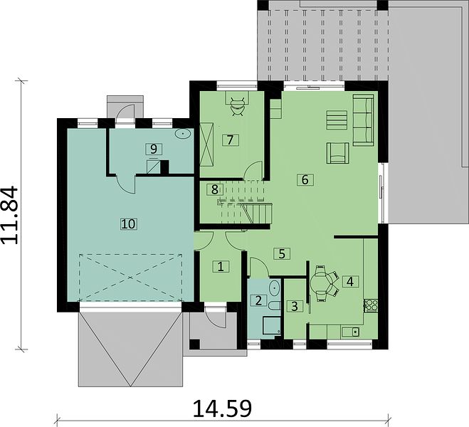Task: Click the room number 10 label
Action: coord(129,223)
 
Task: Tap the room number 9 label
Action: coord(154,149)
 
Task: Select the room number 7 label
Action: coord(230,140)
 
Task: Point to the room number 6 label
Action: coord(305,180)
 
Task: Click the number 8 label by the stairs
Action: coord(215,189)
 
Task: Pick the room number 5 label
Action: coord(282,253)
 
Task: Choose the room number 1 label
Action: coord(221,266)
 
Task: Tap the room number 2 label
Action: coord(258,300)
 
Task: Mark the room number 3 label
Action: coord(295,306)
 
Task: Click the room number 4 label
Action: coord(350,281)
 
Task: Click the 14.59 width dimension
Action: coord(223,408)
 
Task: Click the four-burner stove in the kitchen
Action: coord(371,305)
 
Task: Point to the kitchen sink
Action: coord(350,332)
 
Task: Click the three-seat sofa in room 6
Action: coord(364,120)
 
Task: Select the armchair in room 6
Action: coord(337,153)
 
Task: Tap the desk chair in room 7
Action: coord(238,107)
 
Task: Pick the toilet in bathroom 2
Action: coord(275,305)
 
